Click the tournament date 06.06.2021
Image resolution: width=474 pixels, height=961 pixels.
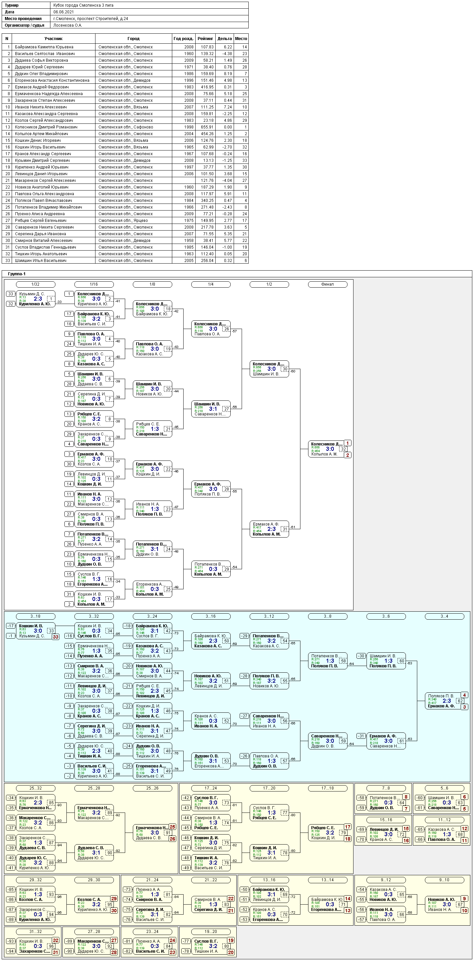(x=63, y=12)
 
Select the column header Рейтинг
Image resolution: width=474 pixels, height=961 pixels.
(x=205, y=39)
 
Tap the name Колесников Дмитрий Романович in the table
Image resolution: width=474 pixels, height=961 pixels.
(x=46, y=127)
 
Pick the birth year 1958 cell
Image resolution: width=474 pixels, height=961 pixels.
(x=189, y=241)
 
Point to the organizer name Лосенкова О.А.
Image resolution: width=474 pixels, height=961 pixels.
(x=67, y=25)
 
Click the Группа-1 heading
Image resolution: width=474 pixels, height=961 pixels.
(x=17, y=274)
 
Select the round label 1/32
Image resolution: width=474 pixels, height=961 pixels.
(x=35, y=284)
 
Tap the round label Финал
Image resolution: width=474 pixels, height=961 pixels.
(x=327, y=284)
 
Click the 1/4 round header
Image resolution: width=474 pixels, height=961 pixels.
(x=211, y=284)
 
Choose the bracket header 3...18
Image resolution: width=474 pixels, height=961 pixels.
(x=35, y=616)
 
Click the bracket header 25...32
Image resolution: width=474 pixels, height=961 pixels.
(x=35, y=788)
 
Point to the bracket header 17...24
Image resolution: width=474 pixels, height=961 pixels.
(x=211, y=788)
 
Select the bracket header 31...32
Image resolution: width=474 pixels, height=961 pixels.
(x=35, y=932)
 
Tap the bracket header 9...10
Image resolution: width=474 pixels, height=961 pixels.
(x=444, y=880)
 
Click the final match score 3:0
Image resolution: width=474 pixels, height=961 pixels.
(x=330, y=449)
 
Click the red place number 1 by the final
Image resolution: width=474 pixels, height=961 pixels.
(x=347, y=443)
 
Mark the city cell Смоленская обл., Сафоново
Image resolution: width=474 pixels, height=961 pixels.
(x=126, y=127)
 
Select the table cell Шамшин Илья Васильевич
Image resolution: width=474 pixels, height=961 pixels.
(x=41, y=261)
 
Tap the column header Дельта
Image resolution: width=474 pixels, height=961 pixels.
(x=225, y=39)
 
